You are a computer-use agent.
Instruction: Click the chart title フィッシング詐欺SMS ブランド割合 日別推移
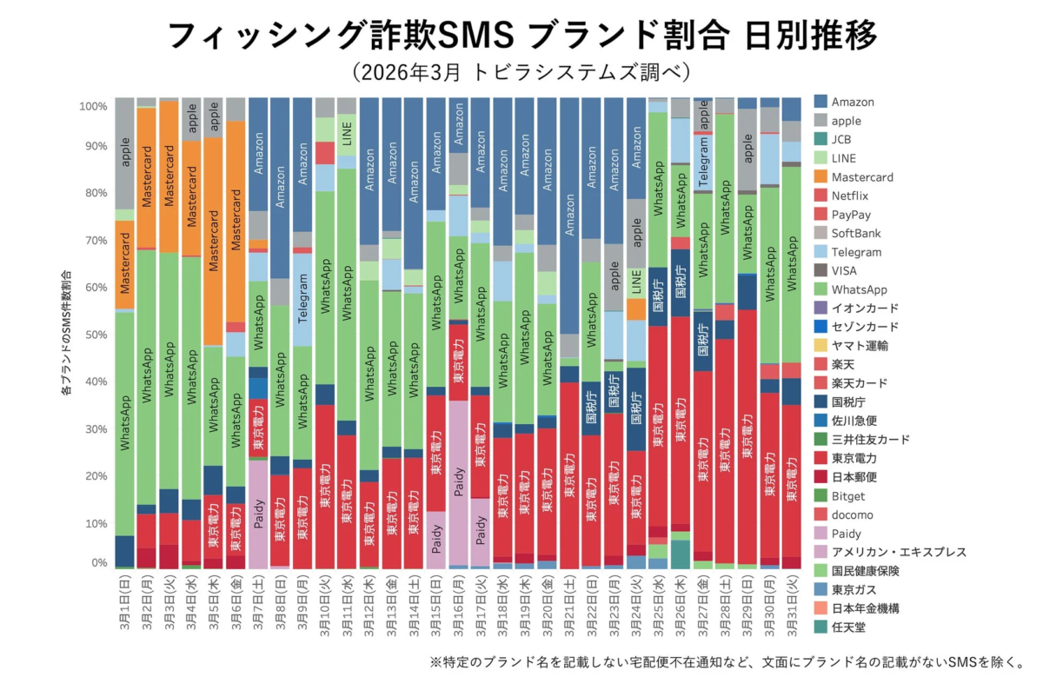pos(521,37)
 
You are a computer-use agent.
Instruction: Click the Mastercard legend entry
pos(860,177)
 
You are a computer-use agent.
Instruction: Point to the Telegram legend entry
pos(856,252)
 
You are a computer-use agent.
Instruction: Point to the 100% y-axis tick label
pos(92,106)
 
